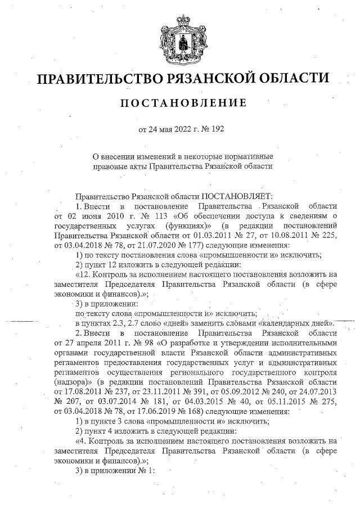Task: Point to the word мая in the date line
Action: (x=167, y=130)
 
